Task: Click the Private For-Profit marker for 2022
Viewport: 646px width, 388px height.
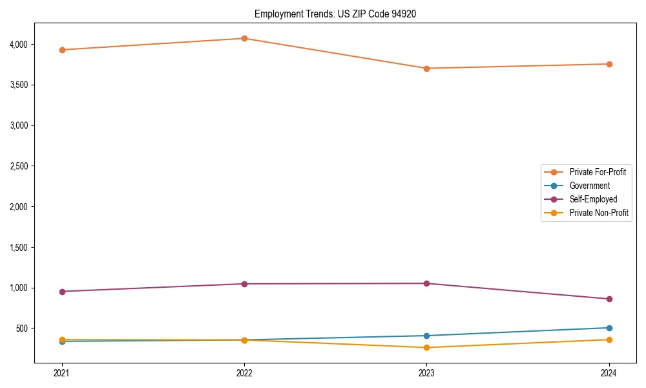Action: pyautogui.click(x=244, y=38)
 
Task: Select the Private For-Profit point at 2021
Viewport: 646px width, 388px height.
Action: pyautogui.click(x=62, y=50)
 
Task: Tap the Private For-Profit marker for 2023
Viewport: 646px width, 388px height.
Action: pyautogui.click(x=426, y=69)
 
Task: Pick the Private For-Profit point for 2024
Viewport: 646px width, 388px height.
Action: pyautogui.click(x=609, y=64)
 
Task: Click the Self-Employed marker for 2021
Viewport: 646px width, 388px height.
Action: pyautogui.click(x=62, y=292)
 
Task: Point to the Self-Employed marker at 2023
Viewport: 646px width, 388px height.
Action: pyautogui.click(x=426, y=283)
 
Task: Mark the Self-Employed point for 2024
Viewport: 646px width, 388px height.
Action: pyautogui.click(x=609, y=299)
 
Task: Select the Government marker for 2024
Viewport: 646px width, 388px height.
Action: pyautogui.click(x=609, y=328)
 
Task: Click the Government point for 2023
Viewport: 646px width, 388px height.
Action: pyautogui.click(x=426, y=336)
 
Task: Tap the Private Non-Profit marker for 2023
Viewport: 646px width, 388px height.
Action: pyautogui.click(x=426, y=348)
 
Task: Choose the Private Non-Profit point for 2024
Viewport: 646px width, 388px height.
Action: pyautogui.click(x=609, y=339)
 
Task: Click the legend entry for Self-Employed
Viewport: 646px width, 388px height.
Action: pyautogui.click(x=593, y=199)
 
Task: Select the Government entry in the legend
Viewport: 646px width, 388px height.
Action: pyautogui.click(x=589, y=186)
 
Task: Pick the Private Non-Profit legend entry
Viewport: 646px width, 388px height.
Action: pyautogui.click(x=599, y=213)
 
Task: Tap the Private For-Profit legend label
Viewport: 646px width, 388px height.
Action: pyautogui.click(x=598, y=172)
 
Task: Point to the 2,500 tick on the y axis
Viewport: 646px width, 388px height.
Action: pyautogui.click(x=41, y=166)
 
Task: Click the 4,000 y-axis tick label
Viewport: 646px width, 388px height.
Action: pyautogui.click(x=41, y=45)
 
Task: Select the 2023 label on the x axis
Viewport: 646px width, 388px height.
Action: pyautogui.click(x=426, y=372)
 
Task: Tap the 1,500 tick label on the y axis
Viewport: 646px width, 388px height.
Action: pyautogui.click(x=41, y=248)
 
